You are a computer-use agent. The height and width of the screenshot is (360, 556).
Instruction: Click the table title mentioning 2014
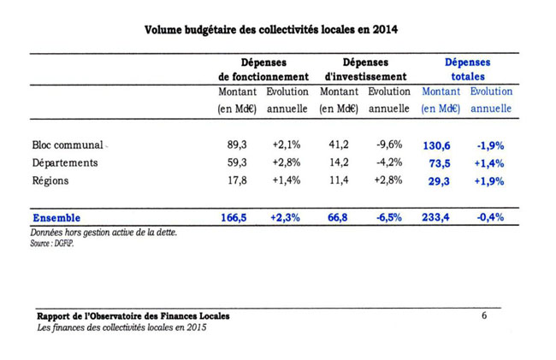(271, 30)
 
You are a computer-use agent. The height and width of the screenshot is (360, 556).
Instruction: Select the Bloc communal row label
(68, 145)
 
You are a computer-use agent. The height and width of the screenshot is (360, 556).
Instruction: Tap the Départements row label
(65, 163)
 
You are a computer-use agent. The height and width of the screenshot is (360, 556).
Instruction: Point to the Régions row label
(50, 180)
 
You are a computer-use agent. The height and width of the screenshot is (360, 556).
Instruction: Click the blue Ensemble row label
(56, 217)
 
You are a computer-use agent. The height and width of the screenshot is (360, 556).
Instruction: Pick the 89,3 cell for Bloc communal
(237, 145)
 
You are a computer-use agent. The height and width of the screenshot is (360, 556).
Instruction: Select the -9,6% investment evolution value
(389, 145)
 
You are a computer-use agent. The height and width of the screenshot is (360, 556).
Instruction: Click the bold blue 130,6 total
(436, 145)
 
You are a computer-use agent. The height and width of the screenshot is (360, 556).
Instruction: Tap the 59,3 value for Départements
(237, 162)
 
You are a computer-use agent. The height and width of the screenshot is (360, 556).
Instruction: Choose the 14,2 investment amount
(339, 162)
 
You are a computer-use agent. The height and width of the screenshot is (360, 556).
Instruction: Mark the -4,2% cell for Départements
(389, 162)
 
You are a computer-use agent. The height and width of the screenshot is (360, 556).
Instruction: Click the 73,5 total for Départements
(440, 163)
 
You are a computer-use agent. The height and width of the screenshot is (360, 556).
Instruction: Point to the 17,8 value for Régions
(237, 180)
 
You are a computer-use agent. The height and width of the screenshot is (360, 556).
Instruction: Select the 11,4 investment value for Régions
(339, 180)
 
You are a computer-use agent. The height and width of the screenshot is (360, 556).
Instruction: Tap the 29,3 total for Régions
(439, 181)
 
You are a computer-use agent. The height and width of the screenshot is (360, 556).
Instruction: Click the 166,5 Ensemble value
(234, 217)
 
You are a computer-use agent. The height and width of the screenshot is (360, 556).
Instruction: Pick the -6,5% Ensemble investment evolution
(388, 217)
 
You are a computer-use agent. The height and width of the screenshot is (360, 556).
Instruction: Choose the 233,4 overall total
(435, 217)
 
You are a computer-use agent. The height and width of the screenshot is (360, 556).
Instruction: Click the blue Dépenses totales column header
(467, 69)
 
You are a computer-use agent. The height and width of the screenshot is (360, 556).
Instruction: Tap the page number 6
(484, 316)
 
